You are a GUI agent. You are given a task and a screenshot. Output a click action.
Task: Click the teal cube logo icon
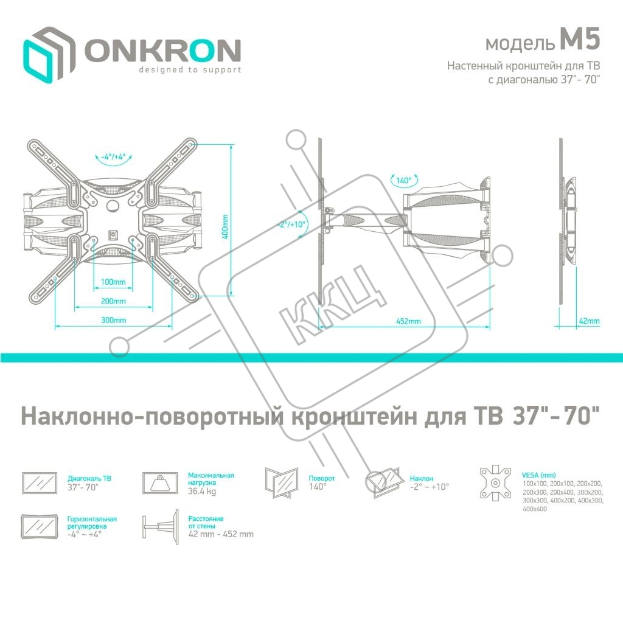pos(49,55)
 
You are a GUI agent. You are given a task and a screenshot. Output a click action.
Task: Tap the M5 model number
pos(580,40)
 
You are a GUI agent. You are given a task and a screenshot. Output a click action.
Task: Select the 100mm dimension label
pos(113,282)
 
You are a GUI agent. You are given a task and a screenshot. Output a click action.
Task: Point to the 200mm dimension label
pos(113,301)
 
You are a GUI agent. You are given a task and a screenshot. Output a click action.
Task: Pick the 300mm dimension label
pos(113,320)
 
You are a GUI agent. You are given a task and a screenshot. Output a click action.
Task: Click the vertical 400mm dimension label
pos(225,227)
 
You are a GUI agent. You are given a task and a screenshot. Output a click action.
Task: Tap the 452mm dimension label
pos(408,321)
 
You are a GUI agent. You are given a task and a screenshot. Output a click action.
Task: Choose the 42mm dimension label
pos(589,321)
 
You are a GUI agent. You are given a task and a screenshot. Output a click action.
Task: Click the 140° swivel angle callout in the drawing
pos(403,180)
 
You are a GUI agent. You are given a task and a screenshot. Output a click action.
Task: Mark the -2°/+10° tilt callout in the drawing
pos(291,224)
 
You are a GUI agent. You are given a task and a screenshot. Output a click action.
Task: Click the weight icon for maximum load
pos(160,482)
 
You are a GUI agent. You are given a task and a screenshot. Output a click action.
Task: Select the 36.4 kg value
pos(202,492)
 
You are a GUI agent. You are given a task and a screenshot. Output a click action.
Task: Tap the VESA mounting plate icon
pos(495,482)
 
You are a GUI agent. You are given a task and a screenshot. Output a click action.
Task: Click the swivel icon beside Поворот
pos(282,482)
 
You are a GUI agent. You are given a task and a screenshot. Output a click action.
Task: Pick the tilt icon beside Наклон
pos(385,482)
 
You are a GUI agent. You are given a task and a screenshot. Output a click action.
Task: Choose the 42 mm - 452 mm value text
pos(221,534)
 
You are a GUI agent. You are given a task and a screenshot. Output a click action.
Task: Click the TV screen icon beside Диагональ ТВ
pos(40,482)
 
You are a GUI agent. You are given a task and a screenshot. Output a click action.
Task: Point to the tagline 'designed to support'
pos(190,70)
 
